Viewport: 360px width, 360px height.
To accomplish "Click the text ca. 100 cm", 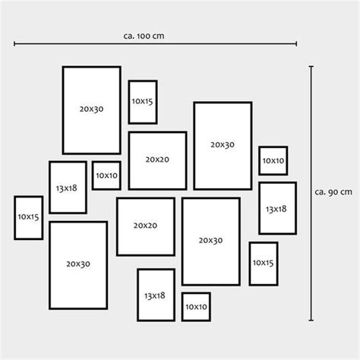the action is click(144, 36).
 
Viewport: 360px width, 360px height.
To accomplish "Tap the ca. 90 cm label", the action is click(333, 192).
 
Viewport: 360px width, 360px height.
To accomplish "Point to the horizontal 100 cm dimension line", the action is click(155, 44).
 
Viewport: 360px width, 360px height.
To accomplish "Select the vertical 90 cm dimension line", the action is click(311, 193).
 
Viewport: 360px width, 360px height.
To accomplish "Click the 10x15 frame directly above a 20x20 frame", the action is click(129, 102).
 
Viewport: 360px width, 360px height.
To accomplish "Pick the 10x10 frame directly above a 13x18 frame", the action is click(260, 160).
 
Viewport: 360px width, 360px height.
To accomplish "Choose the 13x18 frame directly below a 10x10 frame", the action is click(260, 208).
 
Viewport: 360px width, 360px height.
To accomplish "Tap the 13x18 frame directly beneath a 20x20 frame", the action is click(138, 295).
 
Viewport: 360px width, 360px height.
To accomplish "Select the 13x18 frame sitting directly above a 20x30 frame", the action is click(50, 188).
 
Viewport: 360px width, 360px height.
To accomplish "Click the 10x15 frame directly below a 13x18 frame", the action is click(250, 264).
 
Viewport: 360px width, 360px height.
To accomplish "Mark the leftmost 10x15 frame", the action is click(15, 218).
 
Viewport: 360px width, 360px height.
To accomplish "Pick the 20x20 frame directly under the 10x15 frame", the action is click(129, 161).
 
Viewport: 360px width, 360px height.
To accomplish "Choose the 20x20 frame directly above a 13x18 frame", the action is click(118, 227).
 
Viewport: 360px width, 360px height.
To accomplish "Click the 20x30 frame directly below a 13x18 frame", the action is click(50, 265).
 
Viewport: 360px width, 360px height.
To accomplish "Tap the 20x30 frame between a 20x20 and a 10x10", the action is click(194, 146).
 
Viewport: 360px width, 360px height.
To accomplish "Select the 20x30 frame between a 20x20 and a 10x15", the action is click(183, 242).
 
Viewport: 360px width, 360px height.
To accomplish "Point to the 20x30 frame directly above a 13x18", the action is click(63, 110).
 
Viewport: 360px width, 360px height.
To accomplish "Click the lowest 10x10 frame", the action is click(182, 307).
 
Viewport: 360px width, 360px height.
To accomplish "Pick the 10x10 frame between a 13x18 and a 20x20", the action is click(93, 175).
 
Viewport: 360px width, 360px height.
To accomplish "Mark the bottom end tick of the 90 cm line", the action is click(311, 321).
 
